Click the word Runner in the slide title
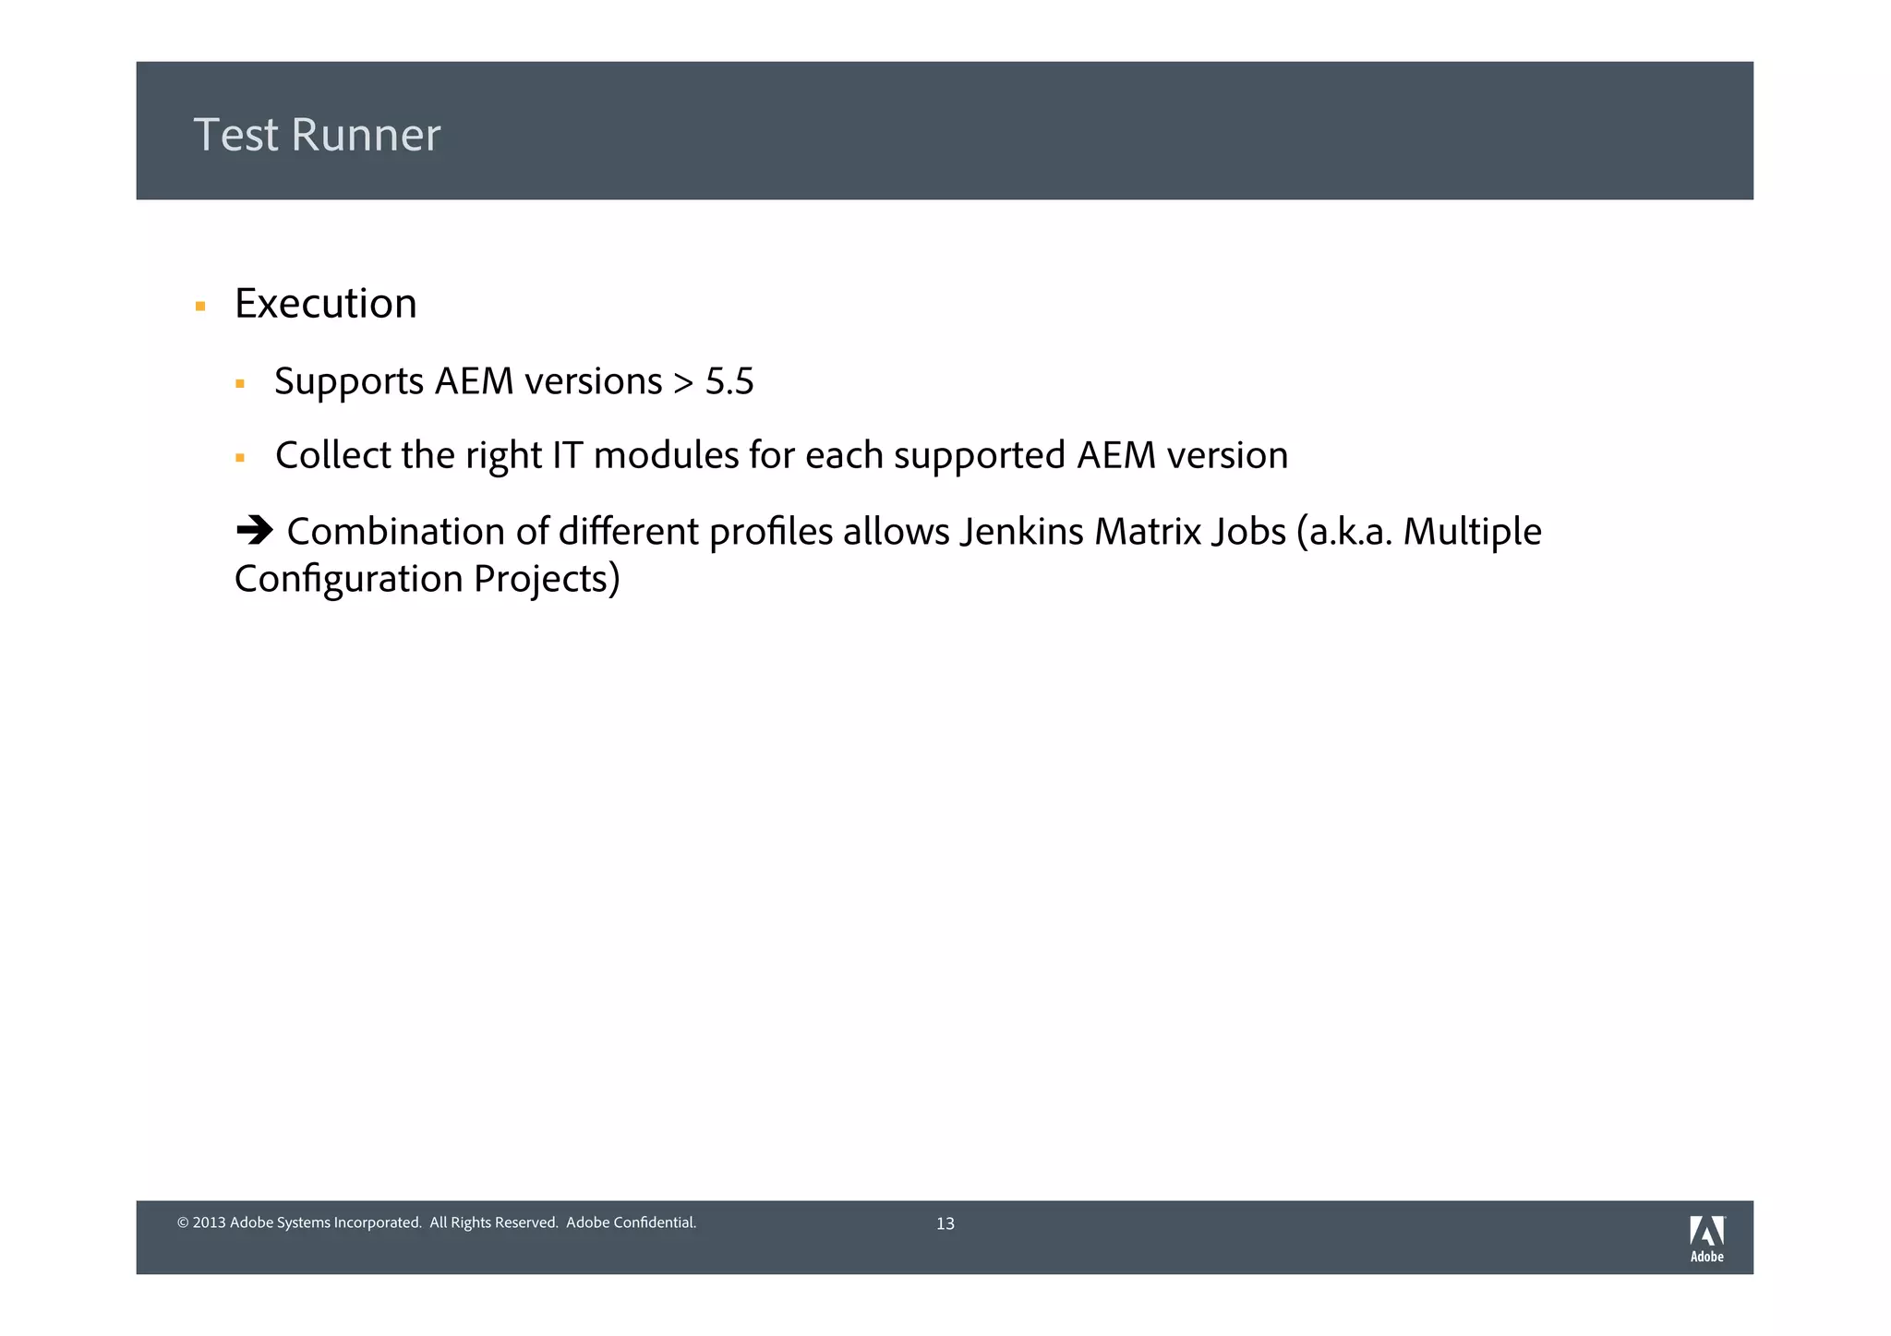coord(366,135)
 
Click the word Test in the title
coord(235,135)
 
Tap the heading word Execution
coord(325,304)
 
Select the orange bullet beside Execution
coord(200,306)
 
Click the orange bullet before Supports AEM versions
coord(240,383)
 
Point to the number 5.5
coord(729,381)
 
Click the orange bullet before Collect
coord(240,457)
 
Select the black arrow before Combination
coord(255,531)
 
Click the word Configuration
coord(348,580)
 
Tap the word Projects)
coord(547,580)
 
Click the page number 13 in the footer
coord(945,1223)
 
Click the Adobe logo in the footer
coord(1706,1238)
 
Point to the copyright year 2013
coord(209,1222)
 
